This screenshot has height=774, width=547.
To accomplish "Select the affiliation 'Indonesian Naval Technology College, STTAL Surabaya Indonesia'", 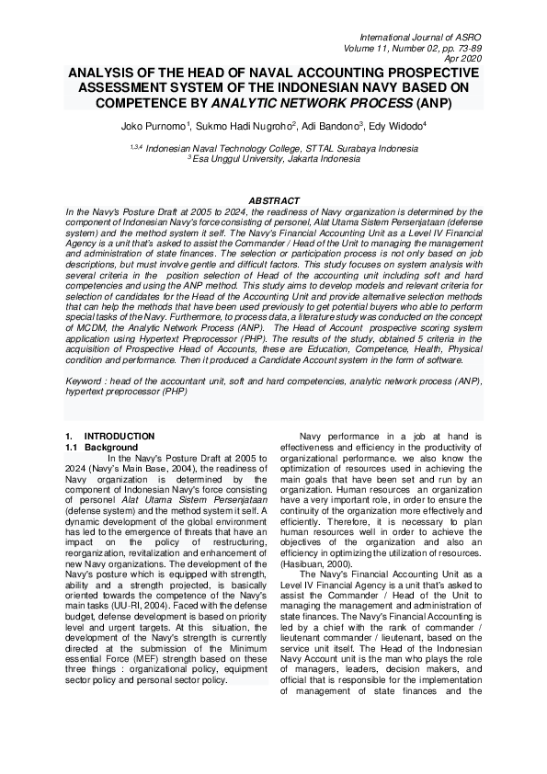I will [279, 147].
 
